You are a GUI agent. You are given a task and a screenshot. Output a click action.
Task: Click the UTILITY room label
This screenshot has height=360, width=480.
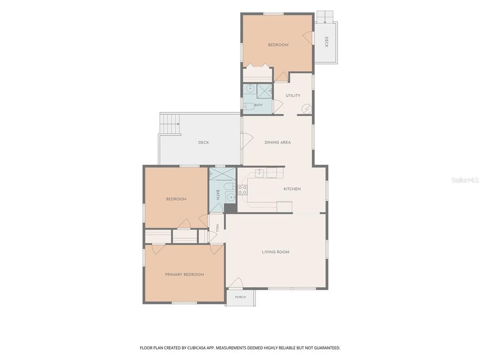293,96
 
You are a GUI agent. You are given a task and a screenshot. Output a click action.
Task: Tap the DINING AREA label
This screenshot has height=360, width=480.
277,142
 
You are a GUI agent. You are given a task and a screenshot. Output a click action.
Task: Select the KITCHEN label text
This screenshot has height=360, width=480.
292,189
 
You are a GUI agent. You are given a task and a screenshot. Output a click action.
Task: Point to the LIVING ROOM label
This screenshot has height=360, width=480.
276,252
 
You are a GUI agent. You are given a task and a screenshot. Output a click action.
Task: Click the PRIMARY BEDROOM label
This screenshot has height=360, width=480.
185,275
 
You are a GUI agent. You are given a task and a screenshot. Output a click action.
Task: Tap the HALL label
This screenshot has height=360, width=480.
217,228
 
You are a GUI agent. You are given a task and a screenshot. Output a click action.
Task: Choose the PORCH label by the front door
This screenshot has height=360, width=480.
240,297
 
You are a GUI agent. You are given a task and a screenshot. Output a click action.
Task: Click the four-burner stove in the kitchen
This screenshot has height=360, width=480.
242,190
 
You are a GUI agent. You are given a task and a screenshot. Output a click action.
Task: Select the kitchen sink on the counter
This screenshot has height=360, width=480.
260,173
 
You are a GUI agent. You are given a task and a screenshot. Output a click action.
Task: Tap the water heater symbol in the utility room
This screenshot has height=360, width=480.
307,109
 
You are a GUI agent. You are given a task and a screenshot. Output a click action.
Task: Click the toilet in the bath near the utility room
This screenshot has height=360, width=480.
249,106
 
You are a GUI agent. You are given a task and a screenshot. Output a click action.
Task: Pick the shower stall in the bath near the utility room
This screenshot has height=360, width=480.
264,91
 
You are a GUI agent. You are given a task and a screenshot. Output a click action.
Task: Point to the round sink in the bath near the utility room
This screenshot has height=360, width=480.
250,89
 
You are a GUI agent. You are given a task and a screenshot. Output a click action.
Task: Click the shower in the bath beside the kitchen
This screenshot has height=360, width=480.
223,174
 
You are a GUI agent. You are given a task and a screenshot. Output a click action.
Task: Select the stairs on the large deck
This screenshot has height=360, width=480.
170,124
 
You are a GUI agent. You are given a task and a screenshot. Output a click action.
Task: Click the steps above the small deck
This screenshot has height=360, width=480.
325,17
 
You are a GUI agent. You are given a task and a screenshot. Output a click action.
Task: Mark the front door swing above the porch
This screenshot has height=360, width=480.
236,283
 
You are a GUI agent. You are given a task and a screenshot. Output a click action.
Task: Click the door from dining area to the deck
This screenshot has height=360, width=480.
247,141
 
